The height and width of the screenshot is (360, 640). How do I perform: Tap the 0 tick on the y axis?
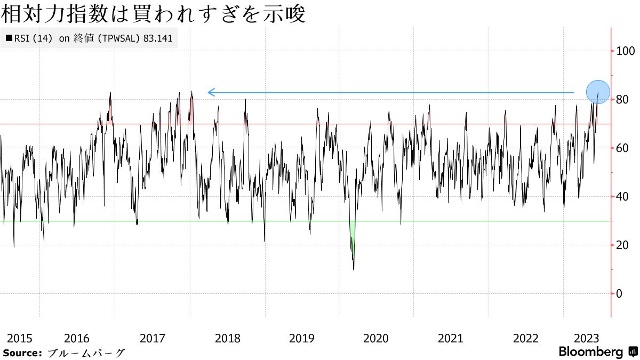pos(618,294)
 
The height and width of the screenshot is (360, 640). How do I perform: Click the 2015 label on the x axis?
pos(20,338)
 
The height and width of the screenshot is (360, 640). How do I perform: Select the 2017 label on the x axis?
pos(152,338)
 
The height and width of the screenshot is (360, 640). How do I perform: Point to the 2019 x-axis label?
pos(301,338)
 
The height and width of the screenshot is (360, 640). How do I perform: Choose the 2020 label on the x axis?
pos(376,338)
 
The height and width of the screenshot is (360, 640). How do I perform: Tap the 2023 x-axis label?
pos(586,338)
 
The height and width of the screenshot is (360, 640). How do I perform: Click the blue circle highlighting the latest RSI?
pos(598,92)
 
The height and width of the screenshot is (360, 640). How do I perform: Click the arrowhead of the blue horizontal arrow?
pos(210,92)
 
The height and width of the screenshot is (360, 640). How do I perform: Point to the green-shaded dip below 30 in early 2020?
pos(352,245)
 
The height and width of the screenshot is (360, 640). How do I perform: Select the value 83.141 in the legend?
pos(158,38)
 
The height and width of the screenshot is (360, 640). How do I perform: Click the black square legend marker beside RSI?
pos(9,38)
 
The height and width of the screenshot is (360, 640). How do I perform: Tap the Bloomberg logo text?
pos(591,352)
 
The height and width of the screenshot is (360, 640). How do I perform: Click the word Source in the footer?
pos(22,353)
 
